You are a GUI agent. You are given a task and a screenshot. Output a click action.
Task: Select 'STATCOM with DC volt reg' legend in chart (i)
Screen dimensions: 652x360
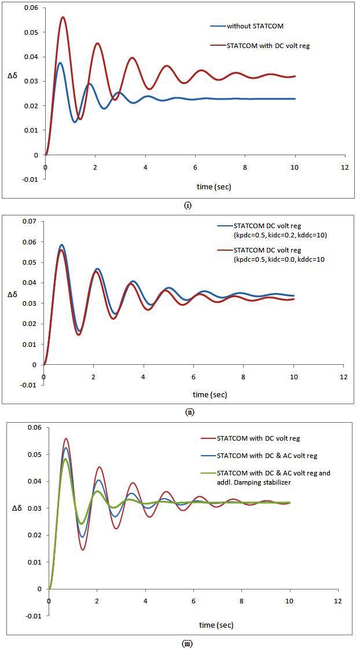pyautogui.click(x=268, y=45)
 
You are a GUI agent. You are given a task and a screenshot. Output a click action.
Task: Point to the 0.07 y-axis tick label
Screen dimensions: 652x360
pyautogui.click(x=27, y=221)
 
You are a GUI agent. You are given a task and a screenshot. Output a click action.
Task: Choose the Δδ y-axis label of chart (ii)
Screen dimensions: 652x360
pyautogui.click(x=13, y=294)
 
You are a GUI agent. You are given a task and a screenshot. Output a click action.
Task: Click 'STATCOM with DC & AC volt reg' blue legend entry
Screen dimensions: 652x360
pyautogui.click(x=267, y=456)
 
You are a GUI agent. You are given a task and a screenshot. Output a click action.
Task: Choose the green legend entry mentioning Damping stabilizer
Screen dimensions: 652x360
pyautogui.click(x=274, y=477)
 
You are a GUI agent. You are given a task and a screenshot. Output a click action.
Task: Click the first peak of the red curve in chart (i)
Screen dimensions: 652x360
pyautogui.click(x=63, y=17)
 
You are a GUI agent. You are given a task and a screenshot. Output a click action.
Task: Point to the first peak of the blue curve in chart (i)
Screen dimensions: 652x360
pyautogui.click(x=60, y=63)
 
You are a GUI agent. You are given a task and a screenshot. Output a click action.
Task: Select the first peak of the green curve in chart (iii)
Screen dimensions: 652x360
pyautogui.click(x=66, y=459)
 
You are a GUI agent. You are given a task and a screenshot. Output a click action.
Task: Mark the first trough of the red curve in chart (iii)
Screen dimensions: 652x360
pyautogui.click(x=83, y=550)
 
